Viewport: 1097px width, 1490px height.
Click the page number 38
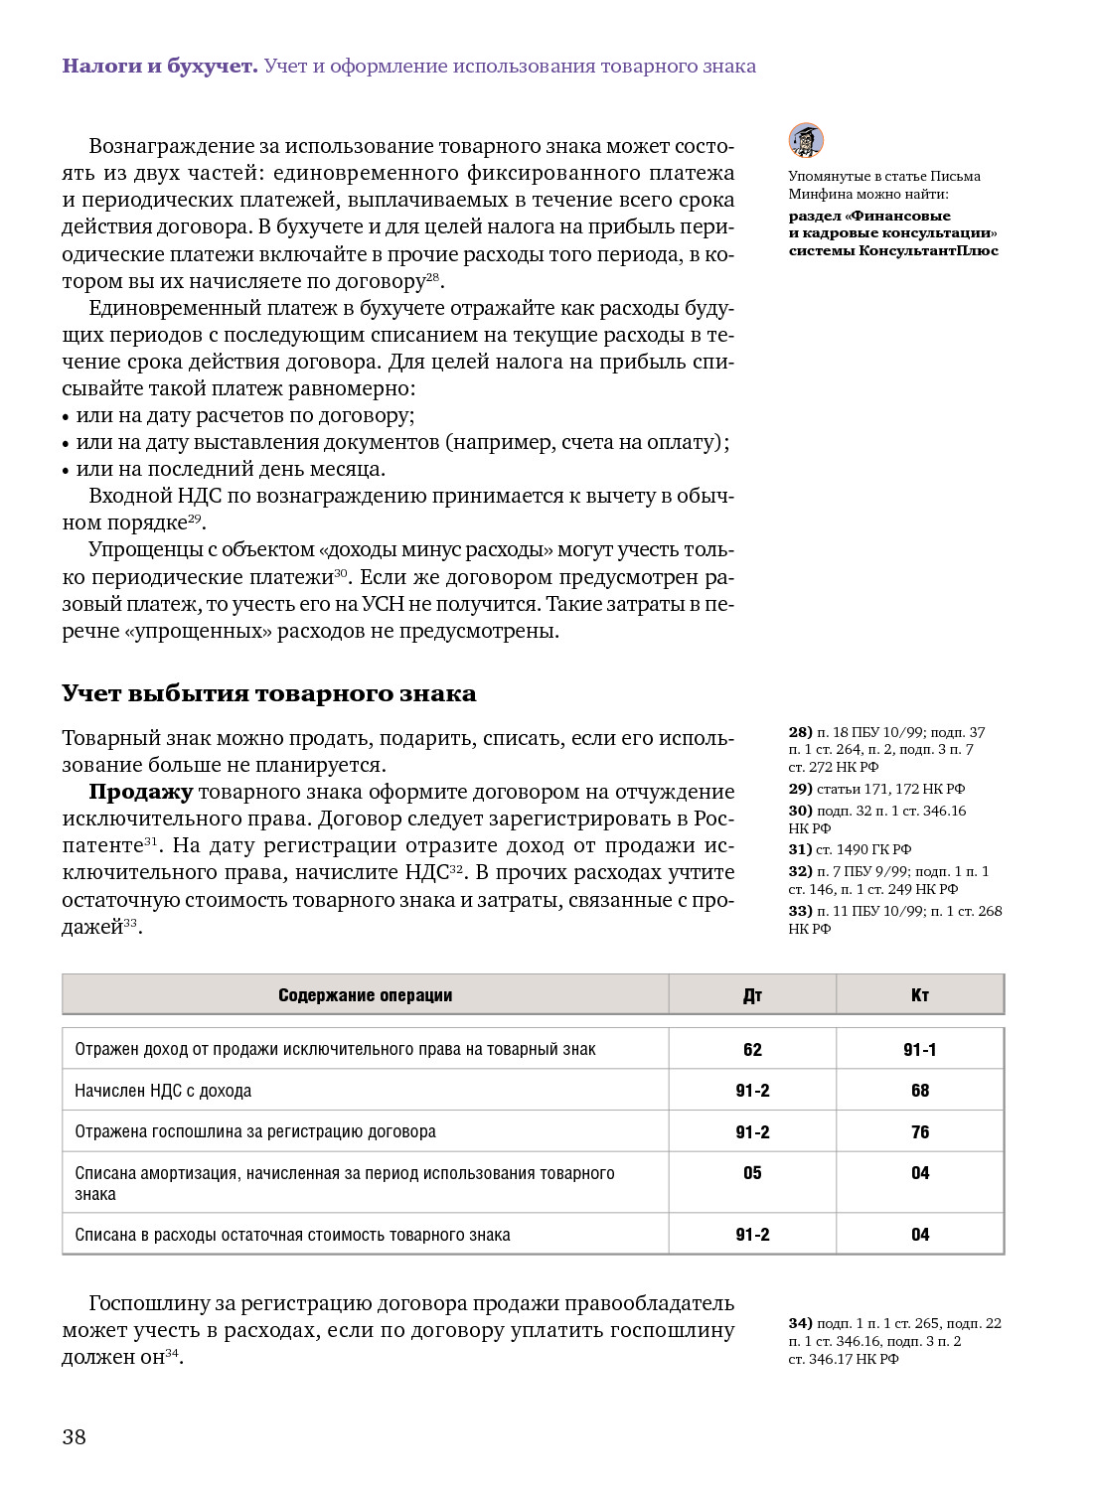coord(75,1436)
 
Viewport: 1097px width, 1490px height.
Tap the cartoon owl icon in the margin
coord(806,140)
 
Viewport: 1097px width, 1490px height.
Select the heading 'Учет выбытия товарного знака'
coord(268,693)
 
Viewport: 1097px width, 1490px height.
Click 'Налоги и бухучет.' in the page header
coord(159,67)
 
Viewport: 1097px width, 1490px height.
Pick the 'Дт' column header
coord(752,995)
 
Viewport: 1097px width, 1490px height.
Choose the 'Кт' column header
coord(920,995)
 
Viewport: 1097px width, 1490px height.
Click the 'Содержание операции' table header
coord(365,995)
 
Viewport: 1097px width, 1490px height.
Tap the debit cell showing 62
coord(752,1050)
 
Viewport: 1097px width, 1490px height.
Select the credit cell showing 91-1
coord(920,1050)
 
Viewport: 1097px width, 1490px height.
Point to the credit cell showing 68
coord(920,1091)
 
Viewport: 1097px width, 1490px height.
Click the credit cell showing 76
coord(920,1132)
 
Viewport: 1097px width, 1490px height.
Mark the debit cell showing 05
coord(752,1173)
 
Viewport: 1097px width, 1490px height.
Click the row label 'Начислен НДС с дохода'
coord(163,1091)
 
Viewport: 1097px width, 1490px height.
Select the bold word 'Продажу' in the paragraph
coord(140,792)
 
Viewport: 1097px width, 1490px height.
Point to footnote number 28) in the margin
coord(800,732)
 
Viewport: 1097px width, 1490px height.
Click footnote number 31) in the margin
coord(800,849)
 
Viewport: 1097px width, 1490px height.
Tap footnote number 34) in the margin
coord(800,1323)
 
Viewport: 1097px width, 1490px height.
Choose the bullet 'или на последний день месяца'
coord(230,469)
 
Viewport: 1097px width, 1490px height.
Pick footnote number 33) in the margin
coord(800,911)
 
